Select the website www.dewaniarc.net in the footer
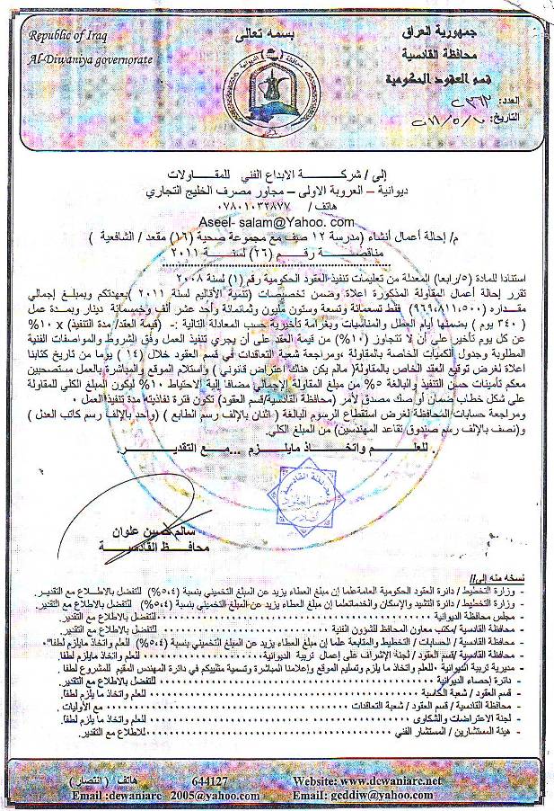point(396,781)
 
